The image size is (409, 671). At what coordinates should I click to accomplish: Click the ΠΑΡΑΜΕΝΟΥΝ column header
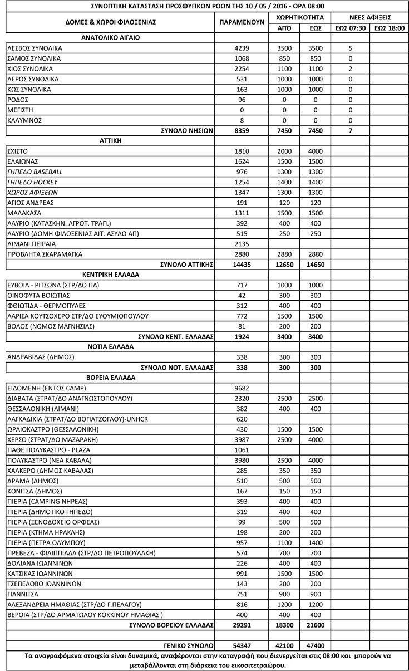242,22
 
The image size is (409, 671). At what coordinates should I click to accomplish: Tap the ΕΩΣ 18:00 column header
389,27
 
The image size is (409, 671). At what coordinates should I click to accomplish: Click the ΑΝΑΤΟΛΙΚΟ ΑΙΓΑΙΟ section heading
110,38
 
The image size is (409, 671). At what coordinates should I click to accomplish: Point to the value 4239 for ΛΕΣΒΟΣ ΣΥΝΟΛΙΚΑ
242,48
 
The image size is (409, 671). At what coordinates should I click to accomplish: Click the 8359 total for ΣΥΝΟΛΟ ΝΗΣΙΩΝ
242,130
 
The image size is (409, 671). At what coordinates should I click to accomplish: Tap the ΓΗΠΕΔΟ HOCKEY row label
32,182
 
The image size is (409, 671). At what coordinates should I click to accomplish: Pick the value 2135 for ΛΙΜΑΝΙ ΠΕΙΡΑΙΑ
242,244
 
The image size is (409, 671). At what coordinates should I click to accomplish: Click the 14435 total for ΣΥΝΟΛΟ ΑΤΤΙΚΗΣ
242,265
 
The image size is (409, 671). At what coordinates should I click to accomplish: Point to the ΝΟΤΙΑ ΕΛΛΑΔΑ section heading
110,347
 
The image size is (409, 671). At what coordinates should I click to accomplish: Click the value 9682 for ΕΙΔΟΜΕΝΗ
242,388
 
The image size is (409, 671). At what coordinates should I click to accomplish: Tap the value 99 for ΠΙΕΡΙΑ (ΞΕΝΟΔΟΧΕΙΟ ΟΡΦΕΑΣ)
242,522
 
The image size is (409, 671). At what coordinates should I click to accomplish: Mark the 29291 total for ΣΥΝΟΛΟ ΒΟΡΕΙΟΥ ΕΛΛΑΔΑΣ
242,625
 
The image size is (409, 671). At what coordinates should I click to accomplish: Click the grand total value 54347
242,645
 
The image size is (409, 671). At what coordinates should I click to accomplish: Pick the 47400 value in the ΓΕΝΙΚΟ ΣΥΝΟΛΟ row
315,645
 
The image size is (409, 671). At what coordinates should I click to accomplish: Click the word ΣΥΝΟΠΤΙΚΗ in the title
113,6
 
